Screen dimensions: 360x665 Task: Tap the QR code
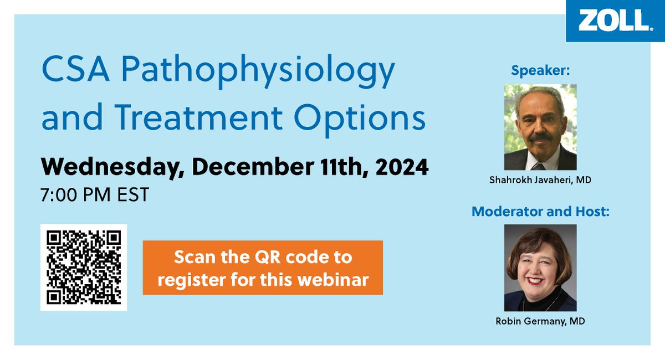pos(84,268)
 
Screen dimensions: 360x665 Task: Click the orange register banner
pos(263,268)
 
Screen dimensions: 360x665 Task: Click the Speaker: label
pos(540,70)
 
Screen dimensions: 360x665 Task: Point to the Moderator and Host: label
pos(540,211)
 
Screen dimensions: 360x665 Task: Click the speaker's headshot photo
pos(540,127)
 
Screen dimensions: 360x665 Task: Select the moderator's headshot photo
pos(540,268)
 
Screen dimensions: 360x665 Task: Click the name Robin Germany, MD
pos(540,320)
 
